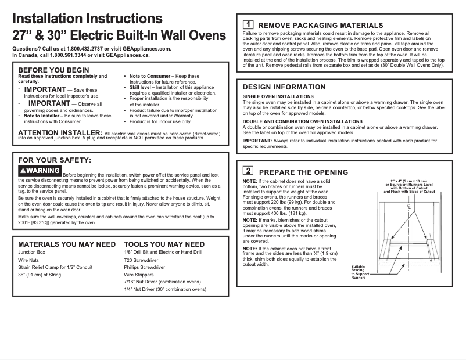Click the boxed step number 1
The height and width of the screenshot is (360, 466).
click(247, 24)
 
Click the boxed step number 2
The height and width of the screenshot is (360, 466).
click(248, 171)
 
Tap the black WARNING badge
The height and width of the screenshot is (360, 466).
click(40, 171)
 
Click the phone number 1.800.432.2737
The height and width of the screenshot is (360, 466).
click(83, 49)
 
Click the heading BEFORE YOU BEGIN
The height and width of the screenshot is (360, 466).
click(53, 70)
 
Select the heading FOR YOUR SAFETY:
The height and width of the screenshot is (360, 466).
click(55, 160)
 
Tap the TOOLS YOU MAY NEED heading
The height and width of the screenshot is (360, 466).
click(164, 244)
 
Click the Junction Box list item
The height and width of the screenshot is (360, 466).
click(33, 253)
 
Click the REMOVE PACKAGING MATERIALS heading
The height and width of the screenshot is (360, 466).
click(320, 25)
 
